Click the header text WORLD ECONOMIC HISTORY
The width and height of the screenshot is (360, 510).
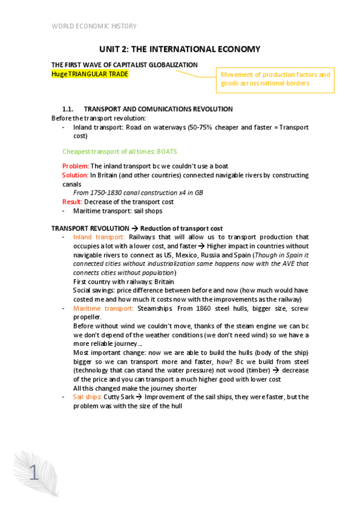[94, 26]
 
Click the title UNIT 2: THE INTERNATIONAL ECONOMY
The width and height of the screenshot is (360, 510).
[180, 49]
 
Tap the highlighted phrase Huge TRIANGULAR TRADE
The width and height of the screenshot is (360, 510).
[90, 73]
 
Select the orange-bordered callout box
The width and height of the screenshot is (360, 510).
[275, 79]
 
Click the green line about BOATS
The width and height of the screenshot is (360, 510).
[120, 152]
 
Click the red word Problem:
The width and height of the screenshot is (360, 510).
[75, 166]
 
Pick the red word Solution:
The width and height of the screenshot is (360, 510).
[75, 175]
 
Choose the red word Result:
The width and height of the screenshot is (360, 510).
[73, 202]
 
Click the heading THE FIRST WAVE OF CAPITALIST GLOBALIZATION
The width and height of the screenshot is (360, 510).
[124, 65]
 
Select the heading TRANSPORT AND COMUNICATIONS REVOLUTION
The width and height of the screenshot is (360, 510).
[158, 109]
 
